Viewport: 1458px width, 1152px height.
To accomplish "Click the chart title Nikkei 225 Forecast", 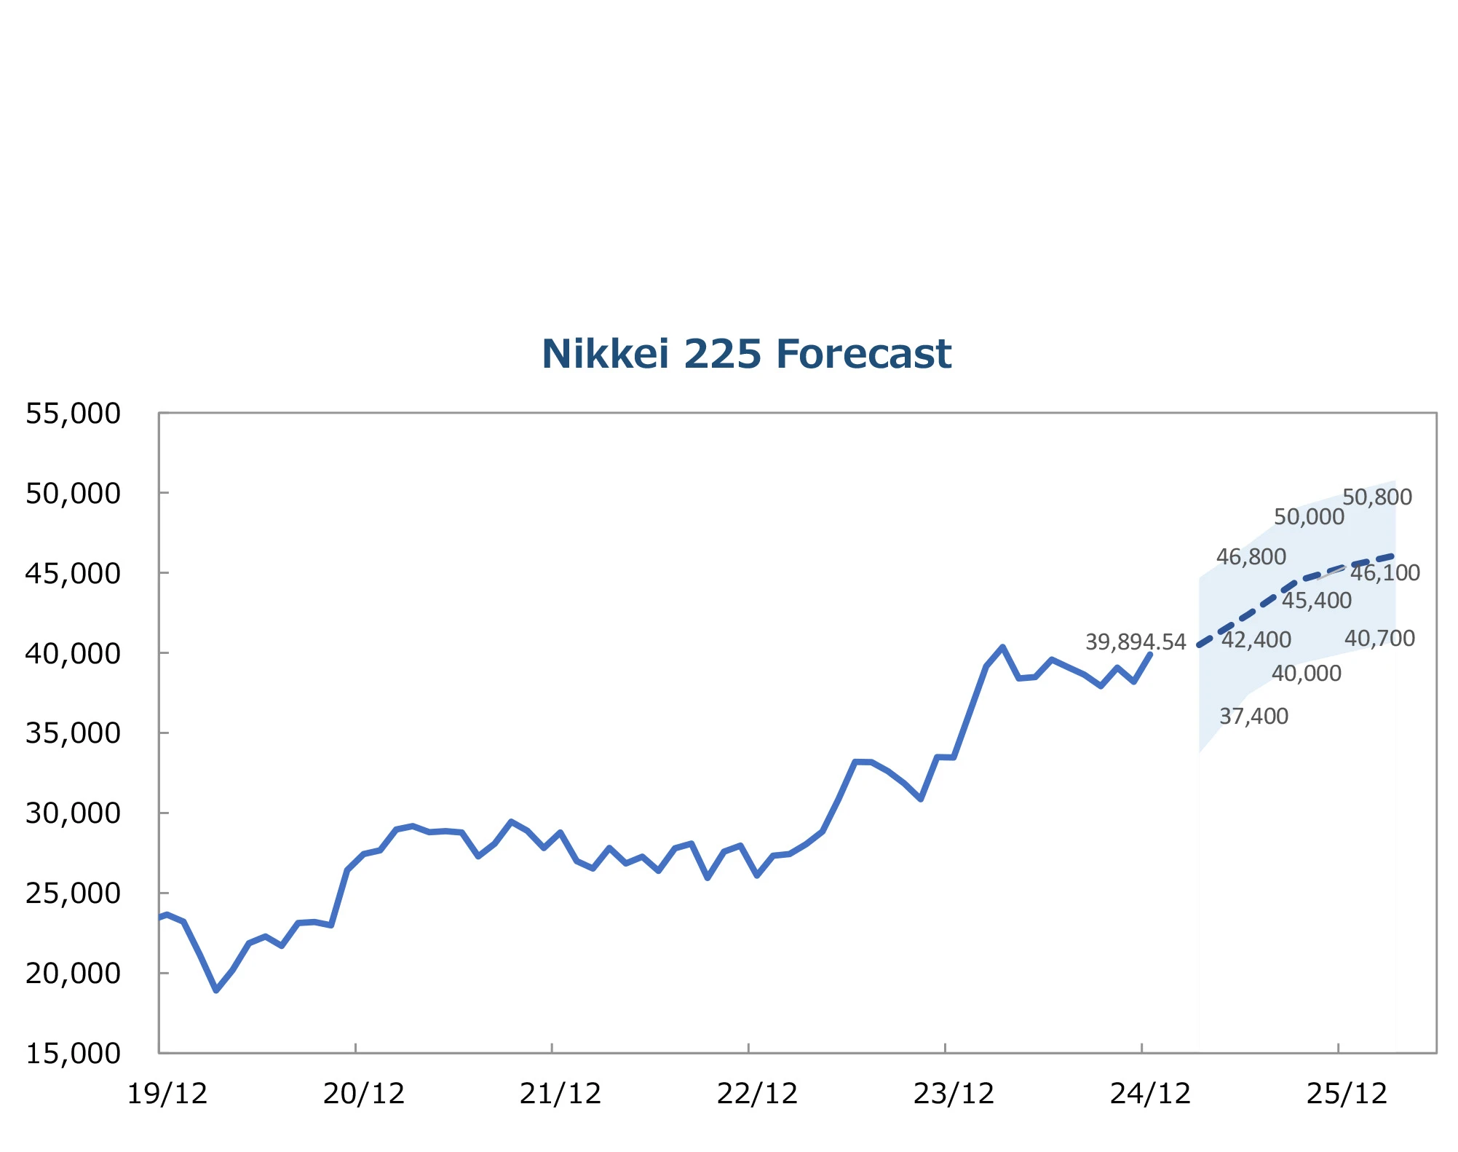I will [746, 355].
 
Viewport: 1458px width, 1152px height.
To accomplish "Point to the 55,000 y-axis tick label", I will [73, 414].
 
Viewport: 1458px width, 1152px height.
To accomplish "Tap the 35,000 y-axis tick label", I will [73, 733].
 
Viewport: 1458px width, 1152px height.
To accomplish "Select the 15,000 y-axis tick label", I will [73, 1053].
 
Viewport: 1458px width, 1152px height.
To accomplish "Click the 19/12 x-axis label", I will [167, 1094].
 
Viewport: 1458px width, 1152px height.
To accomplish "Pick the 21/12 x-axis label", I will [560, 1094].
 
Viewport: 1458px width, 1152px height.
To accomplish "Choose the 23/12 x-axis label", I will [954, 1094].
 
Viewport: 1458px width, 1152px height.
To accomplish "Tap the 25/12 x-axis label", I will [1347, 1094].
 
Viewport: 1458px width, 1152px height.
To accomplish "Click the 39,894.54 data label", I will [1136, 642].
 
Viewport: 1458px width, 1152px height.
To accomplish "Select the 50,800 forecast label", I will [1377, 497].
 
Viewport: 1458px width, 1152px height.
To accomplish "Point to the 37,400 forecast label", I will [1253, 717].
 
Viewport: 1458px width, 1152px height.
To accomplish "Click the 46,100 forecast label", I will [1385, 573].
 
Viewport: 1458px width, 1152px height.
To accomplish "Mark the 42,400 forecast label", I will [1256, 640].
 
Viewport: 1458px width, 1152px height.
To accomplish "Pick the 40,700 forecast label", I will [1379, 639].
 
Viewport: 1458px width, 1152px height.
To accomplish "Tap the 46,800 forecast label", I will [1251, 557].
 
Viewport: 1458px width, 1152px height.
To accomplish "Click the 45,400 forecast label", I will [1317, 601].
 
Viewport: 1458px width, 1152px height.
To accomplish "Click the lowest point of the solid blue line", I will [216, 990].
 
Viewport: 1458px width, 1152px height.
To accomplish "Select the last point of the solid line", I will [1150, 654].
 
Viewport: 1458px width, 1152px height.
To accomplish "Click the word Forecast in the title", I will [863, 355].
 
